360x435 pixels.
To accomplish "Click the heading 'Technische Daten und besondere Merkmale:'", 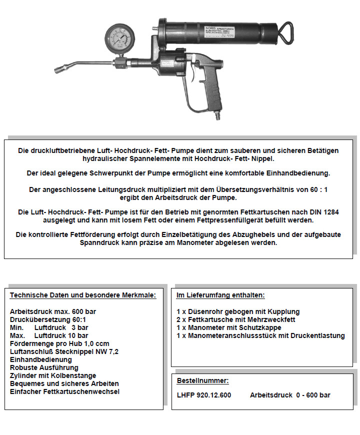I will pyautogui.click(x=83, y=295).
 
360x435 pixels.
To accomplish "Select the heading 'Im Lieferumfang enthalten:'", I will pyautogui.click(x=220, y=295).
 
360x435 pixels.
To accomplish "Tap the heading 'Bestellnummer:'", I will pyautogui.click(x=202, y=380).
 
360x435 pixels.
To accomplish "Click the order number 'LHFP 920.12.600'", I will pyautogui.click(x=204, y=395).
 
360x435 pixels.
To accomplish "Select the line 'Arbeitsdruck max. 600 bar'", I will pyautogui.click(x=53, y=311).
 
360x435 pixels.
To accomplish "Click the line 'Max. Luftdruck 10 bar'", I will pyautogui.click(x=49, y=335).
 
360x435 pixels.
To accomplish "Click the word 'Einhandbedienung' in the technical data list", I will pyautogui.click(x=41, y=359).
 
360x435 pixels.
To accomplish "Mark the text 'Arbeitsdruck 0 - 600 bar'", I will pyautogui.click(x=290, y=395).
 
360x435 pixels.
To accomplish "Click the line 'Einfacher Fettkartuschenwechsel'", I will pyautogui.click(x=64, y=391).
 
